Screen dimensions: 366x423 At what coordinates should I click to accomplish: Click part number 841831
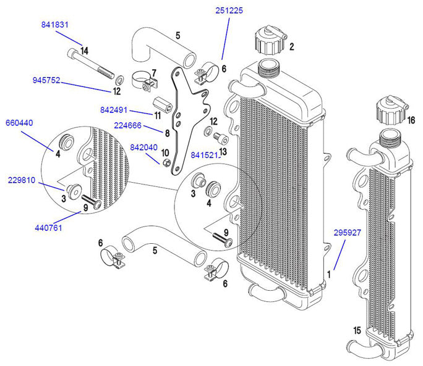click(x=55, y=25)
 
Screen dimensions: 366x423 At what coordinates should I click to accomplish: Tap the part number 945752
click(x=46, y=80)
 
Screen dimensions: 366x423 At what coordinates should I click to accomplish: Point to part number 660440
click(x=20, y=123)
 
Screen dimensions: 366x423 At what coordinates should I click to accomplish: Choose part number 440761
click(x=49, y=228)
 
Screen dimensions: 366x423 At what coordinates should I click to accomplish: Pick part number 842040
click(x=143, y=148)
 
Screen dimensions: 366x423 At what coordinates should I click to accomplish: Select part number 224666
click(x=128, y=125)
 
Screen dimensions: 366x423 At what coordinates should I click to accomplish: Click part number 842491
click(x=114, y=110)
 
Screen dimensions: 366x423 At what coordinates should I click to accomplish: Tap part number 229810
click(x=22, y=181)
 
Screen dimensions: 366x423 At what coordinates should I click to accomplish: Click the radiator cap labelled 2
click(x=270, y=40)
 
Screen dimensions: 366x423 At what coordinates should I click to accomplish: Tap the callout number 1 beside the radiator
click(x=329, y=272)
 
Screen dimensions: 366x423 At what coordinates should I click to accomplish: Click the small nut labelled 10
click(x=166, y=164)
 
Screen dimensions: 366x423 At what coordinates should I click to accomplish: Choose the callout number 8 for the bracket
click(x=167, y=131)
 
